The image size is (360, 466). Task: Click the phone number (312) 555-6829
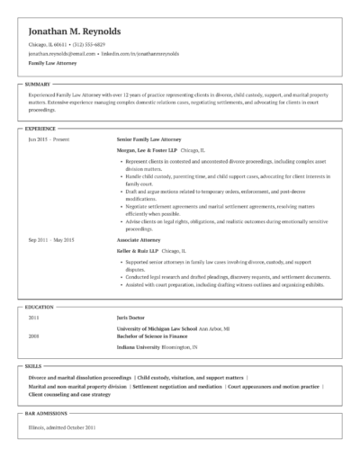[x=88, y=44]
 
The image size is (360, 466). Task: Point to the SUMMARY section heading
[x=39, y=84]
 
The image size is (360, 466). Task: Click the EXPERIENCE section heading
[x=40, y=130]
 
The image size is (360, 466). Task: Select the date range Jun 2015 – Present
[x=49, y=140]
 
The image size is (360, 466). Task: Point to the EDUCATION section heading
[x=40, y=307]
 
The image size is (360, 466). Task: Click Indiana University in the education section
[x=140, y=346]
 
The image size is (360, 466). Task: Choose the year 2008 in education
[x=34, y=336]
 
